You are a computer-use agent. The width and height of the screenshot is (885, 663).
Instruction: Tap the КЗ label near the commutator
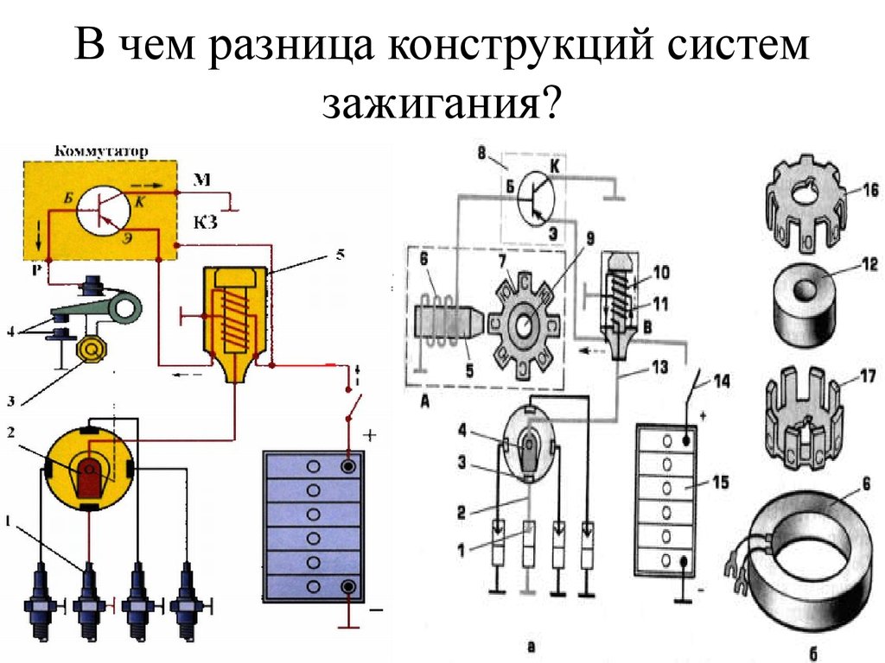[x=205, y=223]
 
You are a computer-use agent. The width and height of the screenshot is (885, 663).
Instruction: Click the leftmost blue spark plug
[x=41, y=601]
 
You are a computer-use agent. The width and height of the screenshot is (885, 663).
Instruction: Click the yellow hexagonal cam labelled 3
[x=90, y=350]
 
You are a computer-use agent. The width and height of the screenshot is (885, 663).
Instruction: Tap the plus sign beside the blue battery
[x=370, y=436]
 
